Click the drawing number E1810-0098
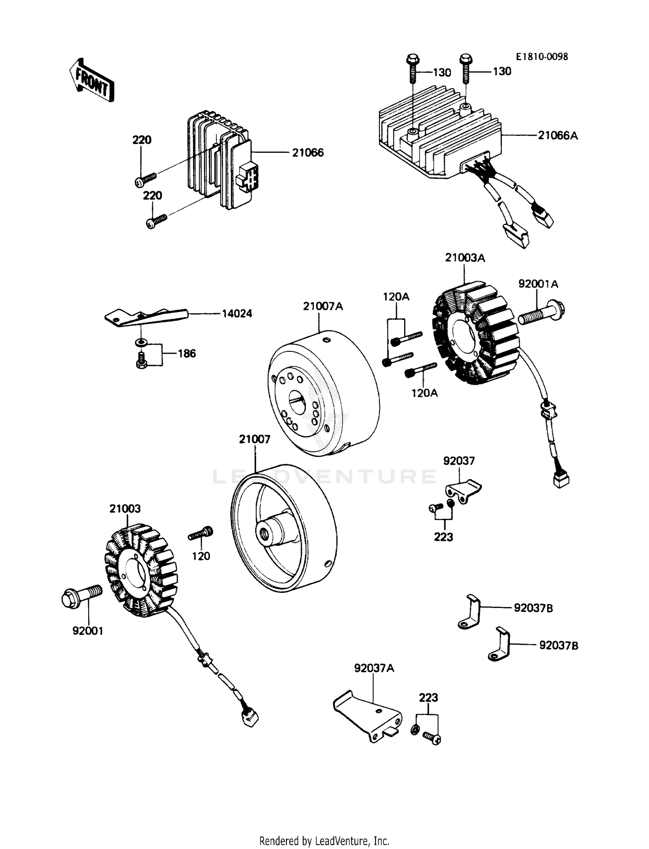tap(541, 57)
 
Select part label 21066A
tap(558, 135)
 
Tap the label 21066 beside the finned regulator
tap(308, 153)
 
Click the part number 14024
tap(237, 313)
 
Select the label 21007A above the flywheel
tap(323, 306)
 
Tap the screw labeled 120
tap(200, 534)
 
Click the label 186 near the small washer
tap(187, 354)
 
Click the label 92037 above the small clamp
tap(459, 461)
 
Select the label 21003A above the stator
tap(465, 258)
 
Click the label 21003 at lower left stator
tap(125, 508)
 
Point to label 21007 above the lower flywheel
tap(254, 439)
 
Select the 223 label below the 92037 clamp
tap(443, 537)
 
